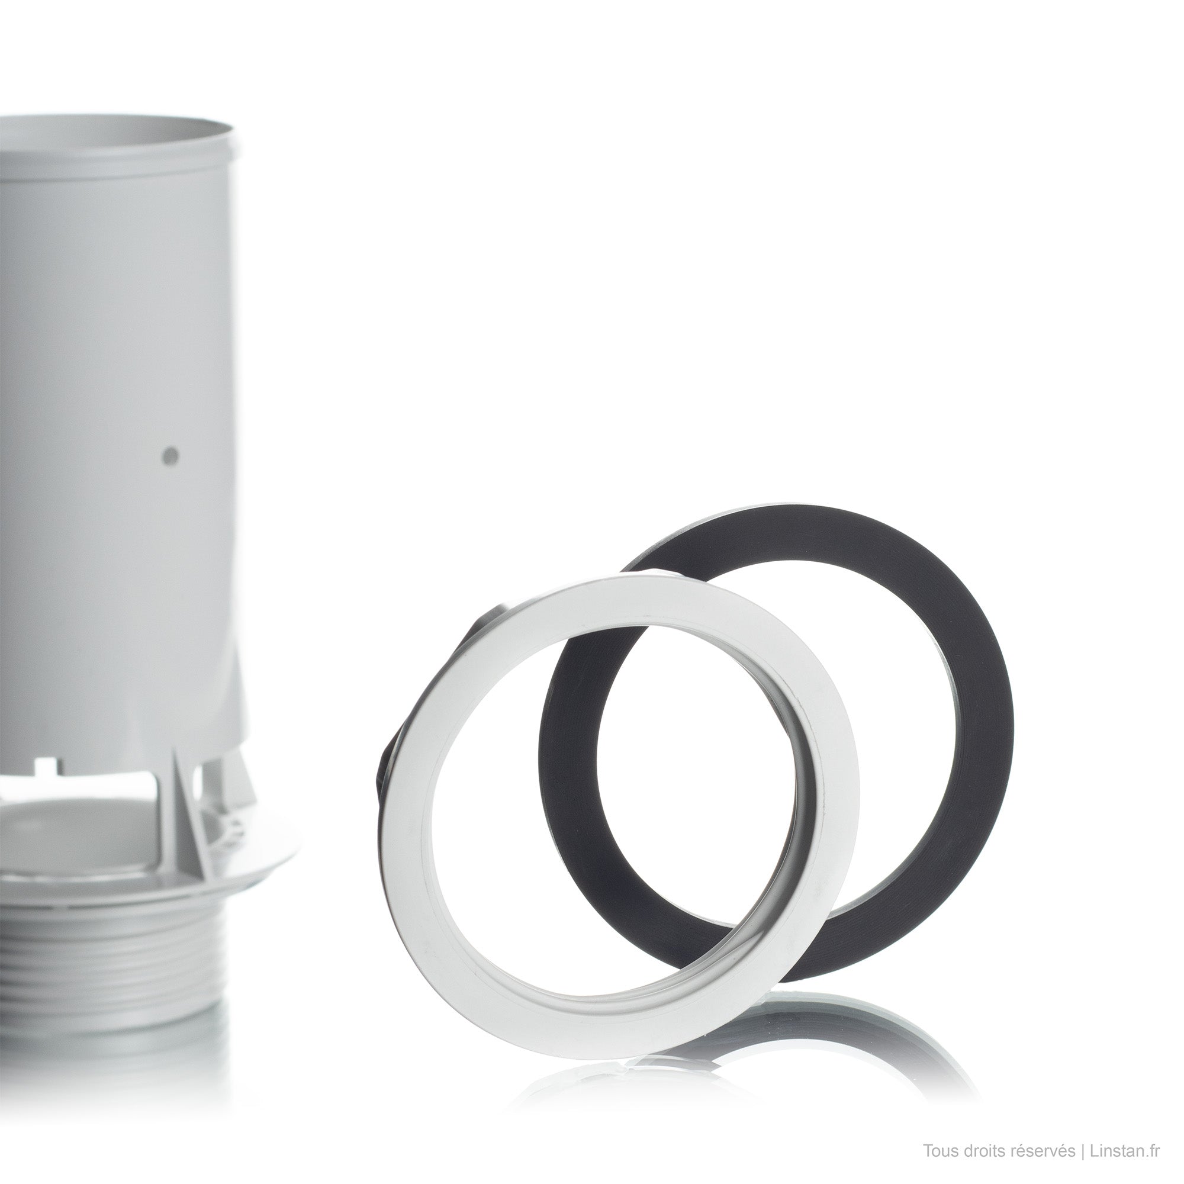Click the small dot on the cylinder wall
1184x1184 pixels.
click(x=172, y=455)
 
